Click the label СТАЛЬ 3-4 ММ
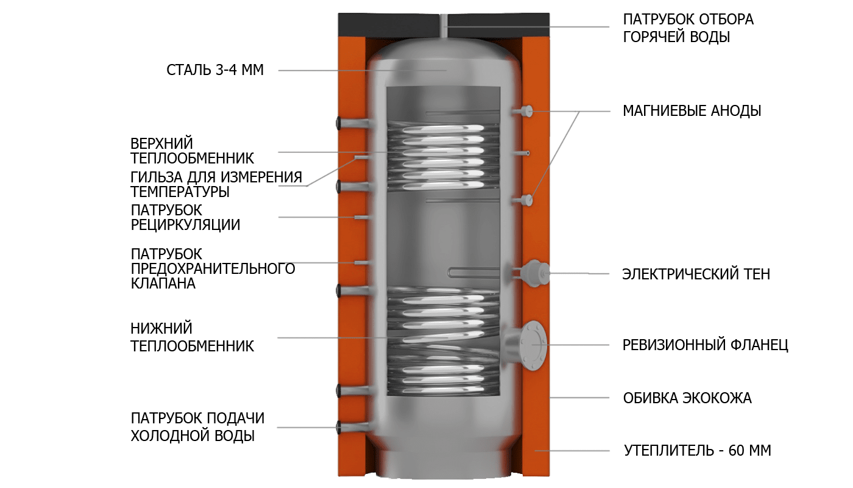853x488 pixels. tap(214, 70)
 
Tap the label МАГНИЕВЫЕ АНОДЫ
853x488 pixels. tap(692, 111)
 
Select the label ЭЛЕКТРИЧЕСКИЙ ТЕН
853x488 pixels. tap(696, 274)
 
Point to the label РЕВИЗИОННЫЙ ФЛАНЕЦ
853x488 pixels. tap(705, 345)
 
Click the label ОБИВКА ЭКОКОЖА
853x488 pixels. tap(687, 398)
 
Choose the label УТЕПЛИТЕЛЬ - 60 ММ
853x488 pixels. tap(697, 451)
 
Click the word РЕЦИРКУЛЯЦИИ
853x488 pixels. tap(185, 225)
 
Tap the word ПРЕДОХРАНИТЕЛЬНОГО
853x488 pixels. tap(213, 269)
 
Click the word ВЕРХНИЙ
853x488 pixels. tap(162, 144)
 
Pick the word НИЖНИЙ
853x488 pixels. tap(161, 328)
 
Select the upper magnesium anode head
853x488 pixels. tap(528, 111)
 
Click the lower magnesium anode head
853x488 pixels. tap(528, 200)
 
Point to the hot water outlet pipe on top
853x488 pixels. tap(444, 26)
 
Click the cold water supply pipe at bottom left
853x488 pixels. tap(354, 426)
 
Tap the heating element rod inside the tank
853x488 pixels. tap(473, 273)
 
